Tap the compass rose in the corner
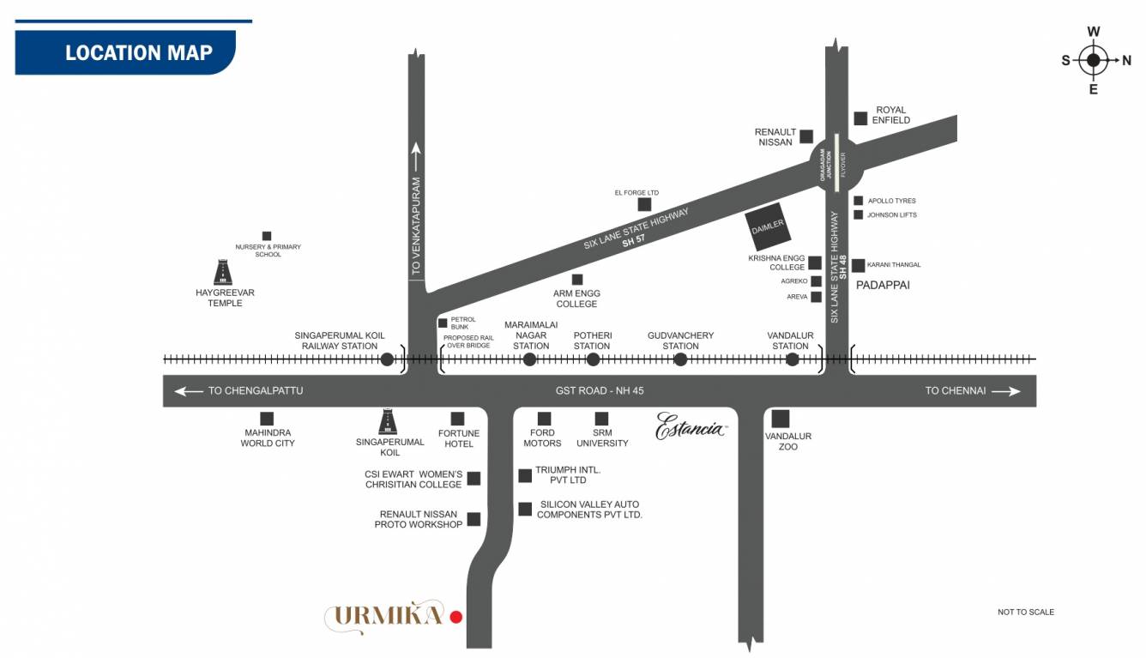pos(1093,60)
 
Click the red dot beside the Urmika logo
pos(456,616)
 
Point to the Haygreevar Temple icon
pos(224,273)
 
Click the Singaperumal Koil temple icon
pos(389,421)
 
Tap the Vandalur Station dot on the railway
pos(792,359)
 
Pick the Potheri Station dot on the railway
pos(593,359)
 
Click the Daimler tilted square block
pos(769,226)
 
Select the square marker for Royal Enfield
pos(860,118)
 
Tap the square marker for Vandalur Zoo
pos(780,419)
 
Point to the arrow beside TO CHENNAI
pos(1008,391)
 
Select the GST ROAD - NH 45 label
pos(600,391)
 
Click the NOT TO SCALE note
pos(1025,612)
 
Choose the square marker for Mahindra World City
pos(267,419)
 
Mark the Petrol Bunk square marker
pos(443,323)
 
